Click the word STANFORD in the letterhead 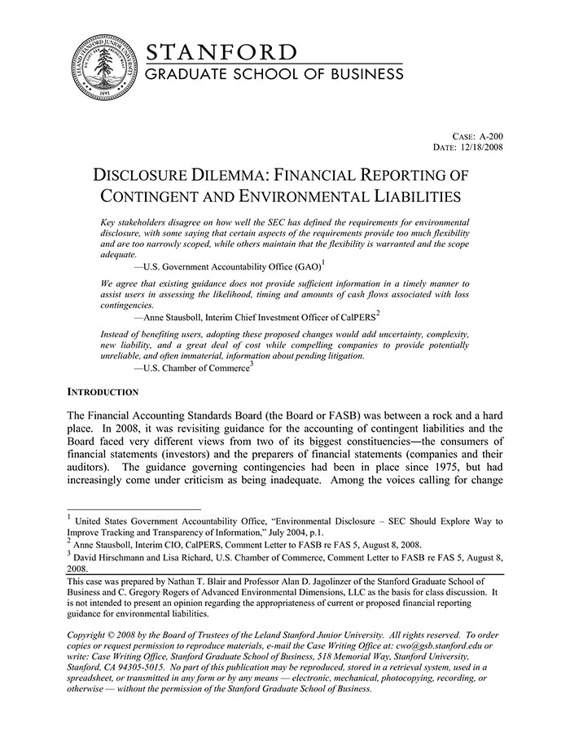tap(221, 53)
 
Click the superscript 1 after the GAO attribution tap(323, 261)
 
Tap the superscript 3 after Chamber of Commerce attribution tap(252, 364)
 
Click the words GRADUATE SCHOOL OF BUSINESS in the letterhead tap(274, 74)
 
